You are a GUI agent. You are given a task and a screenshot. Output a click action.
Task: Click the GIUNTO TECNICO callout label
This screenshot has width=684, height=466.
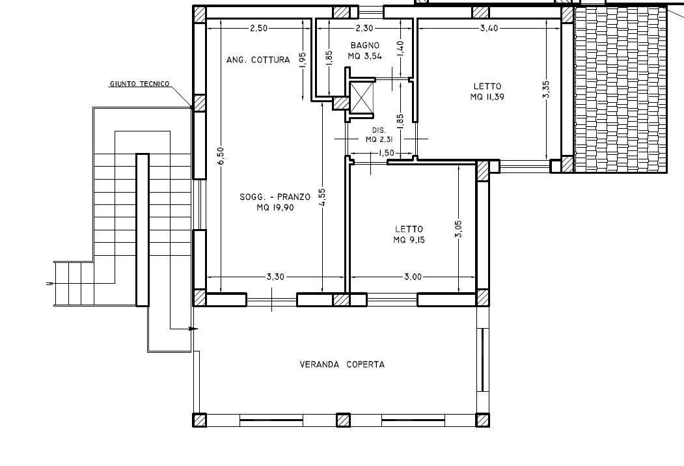click(139, 84)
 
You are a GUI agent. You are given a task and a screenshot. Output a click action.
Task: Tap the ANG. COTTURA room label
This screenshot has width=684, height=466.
click(258, 60)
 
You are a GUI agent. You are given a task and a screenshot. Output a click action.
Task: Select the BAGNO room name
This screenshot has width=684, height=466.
click(364, 45)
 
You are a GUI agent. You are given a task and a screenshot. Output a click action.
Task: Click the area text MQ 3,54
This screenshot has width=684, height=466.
click(364, 56)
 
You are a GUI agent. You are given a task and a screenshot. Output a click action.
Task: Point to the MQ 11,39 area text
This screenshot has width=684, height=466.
click(487, 97)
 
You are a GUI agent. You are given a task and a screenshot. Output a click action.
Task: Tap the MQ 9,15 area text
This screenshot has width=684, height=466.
click(409, 240)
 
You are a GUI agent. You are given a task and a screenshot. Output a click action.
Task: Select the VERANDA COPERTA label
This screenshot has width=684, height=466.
click(342, 364)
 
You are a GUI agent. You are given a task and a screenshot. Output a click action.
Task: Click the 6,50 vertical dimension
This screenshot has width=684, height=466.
click(221, 156)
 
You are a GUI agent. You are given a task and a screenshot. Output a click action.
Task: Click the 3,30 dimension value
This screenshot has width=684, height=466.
click(275, 277)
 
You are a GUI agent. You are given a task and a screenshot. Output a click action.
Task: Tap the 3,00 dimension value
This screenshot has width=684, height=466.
click(413, 277)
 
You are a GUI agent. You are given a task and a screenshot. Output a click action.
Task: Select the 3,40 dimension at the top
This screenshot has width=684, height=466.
click(489, 28)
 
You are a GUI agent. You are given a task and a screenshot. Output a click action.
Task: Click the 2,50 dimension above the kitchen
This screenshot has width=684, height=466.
click(258, 28)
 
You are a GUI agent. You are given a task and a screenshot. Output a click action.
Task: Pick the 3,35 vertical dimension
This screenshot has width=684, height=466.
click(546, 89)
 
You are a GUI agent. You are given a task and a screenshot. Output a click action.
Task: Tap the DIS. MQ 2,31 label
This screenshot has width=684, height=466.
click(379, 134)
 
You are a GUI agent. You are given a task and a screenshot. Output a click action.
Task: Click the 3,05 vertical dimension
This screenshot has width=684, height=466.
click(459, 229)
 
